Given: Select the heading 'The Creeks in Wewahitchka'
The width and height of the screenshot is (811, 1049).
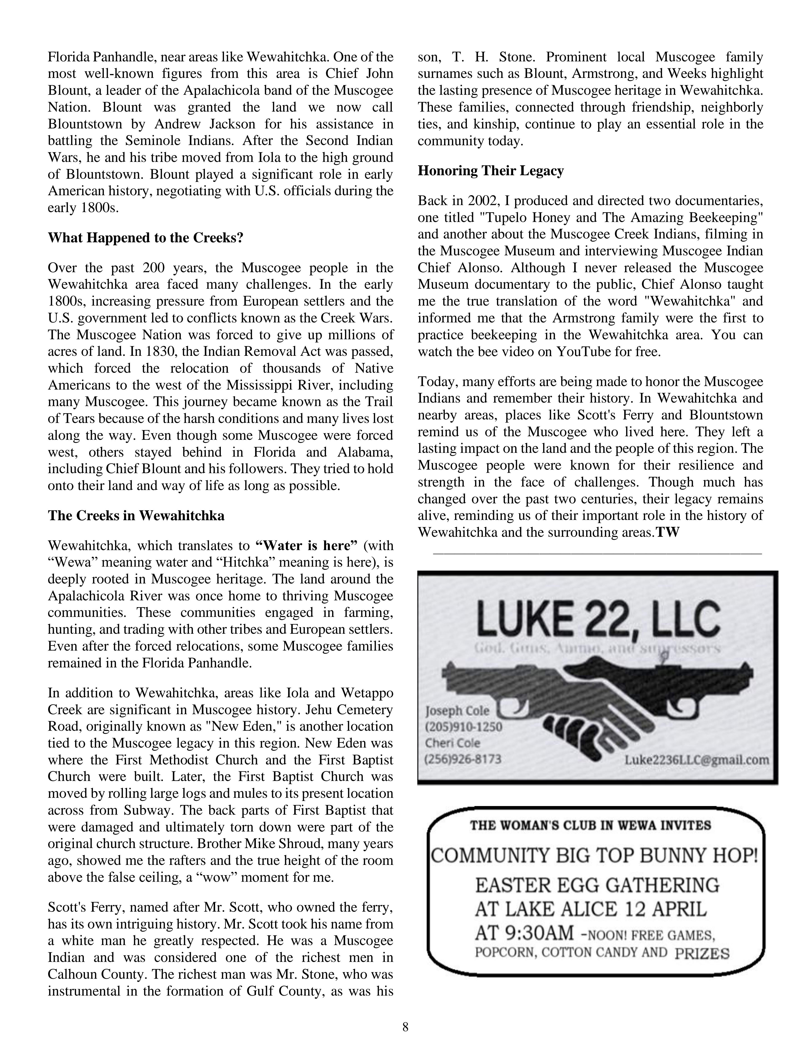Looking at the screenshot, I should tap(136, 516).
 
